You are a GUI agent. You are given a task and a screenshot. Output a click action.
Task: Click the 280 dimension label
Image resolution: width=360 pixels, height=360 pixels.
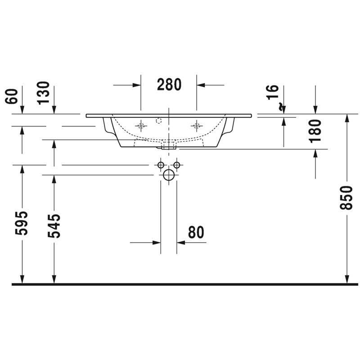point(169,85)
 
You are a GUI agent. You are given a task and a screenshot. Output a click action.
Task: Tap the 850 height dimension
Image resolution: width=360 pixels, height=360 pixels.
point(346,198)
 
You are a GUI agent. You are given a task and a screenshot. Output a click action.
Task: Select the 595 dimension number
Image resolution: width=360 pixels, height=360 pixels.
point(21,223)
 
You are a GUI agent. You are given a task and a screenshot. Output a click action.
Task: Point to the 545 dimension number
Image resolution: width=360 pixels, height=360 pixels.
point(54,226)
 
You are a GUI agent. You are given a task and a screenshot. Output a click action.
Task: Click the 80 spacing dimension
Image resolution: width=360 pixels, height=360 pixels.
point(196,232)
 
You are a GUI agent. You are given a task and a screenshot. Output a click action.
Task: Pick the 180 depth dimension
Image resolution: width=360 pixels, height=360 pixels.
point(315,131)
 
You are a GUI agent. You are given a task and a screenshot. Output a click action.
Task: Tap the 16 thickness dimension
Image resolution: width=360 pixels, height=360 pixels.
point(273,92)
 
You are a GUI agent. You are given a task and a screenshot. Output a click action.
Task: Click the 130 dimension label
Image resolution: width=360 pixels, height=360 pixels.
point(43,93)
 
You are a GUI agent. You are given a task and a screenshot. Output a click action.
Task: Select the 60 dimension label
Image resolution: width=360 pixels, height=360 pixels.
point(12,96)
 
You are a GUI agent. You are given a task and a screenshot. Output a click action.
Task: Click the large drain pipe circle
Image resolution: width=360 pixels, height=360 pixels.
point(169,175)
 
